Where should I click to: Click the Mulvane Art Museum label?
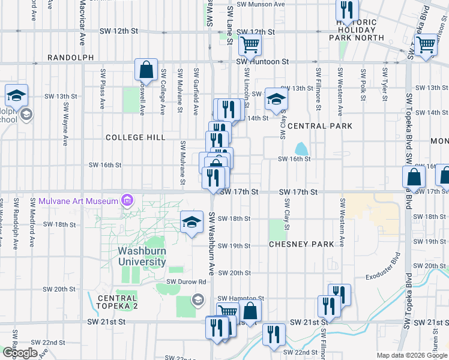click(x=78, y=200)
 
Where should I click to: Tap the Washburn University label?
click(x=142, y=256)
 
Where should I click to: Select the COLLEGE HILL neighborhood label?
click(x=136, y=137)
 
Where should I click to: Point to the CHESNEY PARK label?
click(x=301, y=244)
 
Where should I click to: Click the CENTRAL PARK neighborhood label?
click(x=319, y=126)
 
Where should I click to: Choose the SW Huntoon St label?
click(x=263, y=61)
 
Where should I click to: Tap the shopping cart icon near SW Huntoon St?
click(x=250, y=44)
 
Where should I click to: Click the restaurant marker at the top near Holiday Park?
click(x=346, y=10)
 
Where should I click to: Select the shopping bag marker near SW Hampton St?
click(x=250, y=311)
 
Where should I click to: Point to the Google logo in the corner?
click(x=20, y=353)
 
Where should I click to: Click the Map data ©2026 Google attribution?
click(x=411, y=355)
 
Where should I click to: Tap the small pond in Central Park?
click(x=301, y=148)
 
